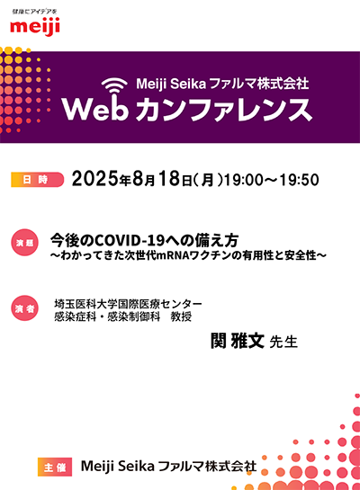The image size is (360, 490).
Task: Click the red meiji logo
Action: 35,26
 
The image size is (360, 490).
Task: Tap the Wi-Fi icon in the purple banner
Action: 114,85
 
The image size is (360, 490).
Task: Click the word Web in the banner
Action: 95,109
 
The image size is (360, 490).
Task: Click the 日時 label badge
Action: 37,180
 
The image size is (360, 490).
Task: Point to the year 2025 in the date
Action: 95,179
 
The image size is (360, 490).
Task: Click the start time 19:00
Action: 244,180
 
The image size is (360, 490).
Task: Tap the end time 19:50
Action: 300,180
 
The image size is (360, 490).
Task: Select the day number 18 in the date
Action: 169,179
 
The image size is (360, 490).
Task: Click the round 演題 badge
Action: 24,243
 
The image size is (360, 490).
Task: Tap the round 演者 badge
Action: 24,308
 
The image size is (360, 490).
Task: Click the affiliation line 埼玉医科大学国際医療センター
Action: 128,303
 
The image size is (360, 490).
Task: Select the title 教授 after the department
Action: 181,316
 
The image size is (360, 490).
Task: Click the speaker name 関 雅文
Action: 238,341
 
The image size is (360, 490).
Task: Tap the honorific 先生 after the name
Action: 283,342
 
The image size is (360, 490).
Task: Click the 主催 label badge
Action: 55,467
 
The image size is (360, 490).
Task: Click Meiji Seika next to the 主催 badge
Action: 118,467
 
